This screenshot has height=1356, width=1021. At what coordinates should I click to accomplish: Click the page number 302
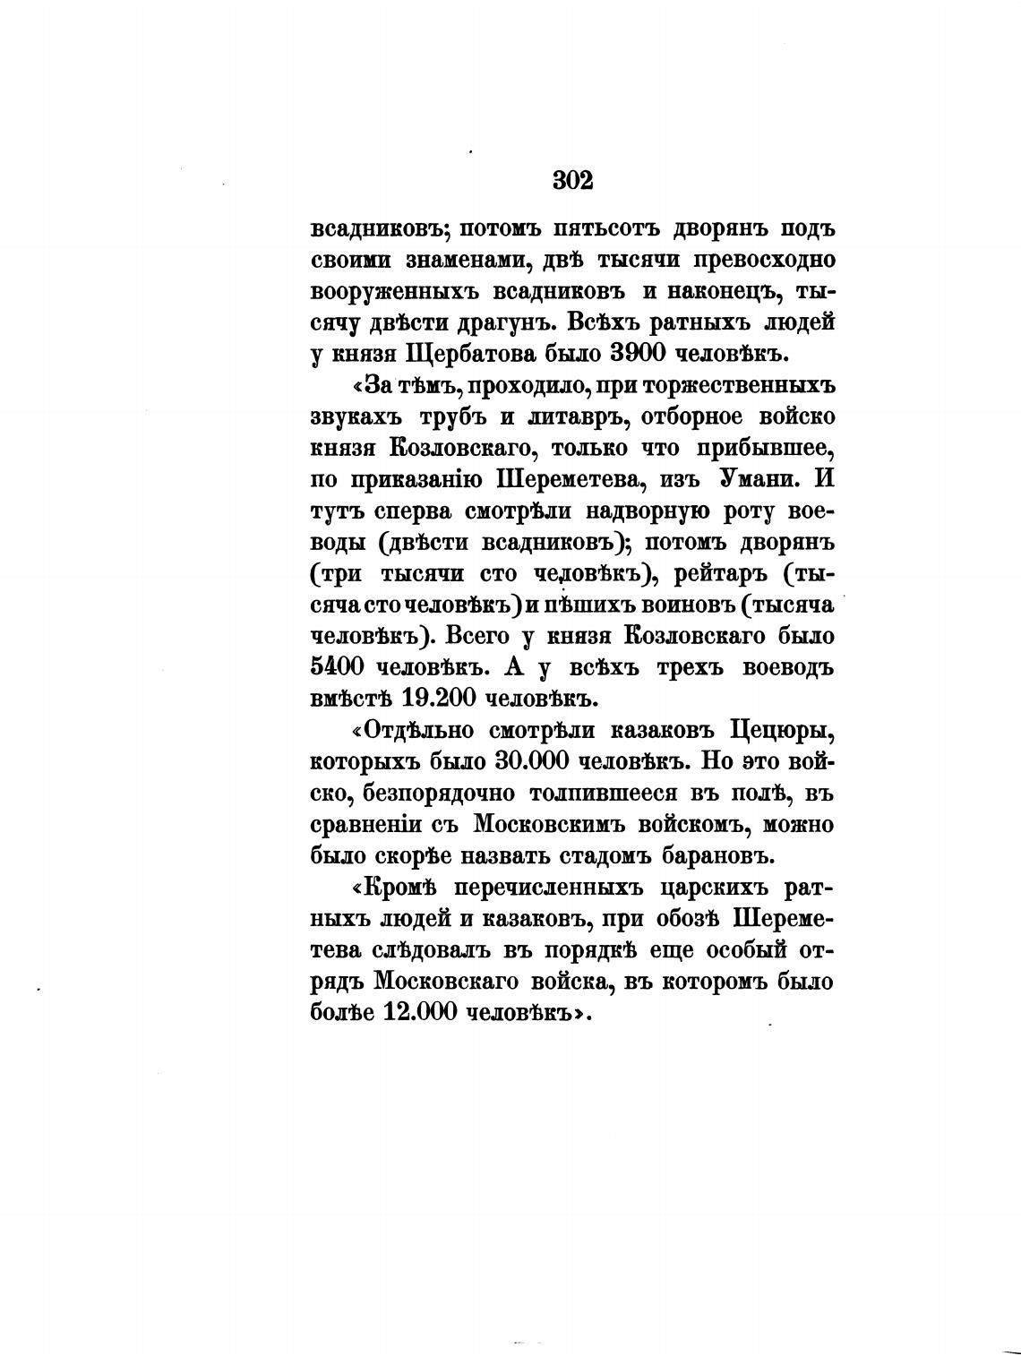[x=573, y=180]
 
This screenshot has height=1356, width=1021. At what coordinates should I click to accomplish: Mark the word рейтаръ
[x=717, y=574]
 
